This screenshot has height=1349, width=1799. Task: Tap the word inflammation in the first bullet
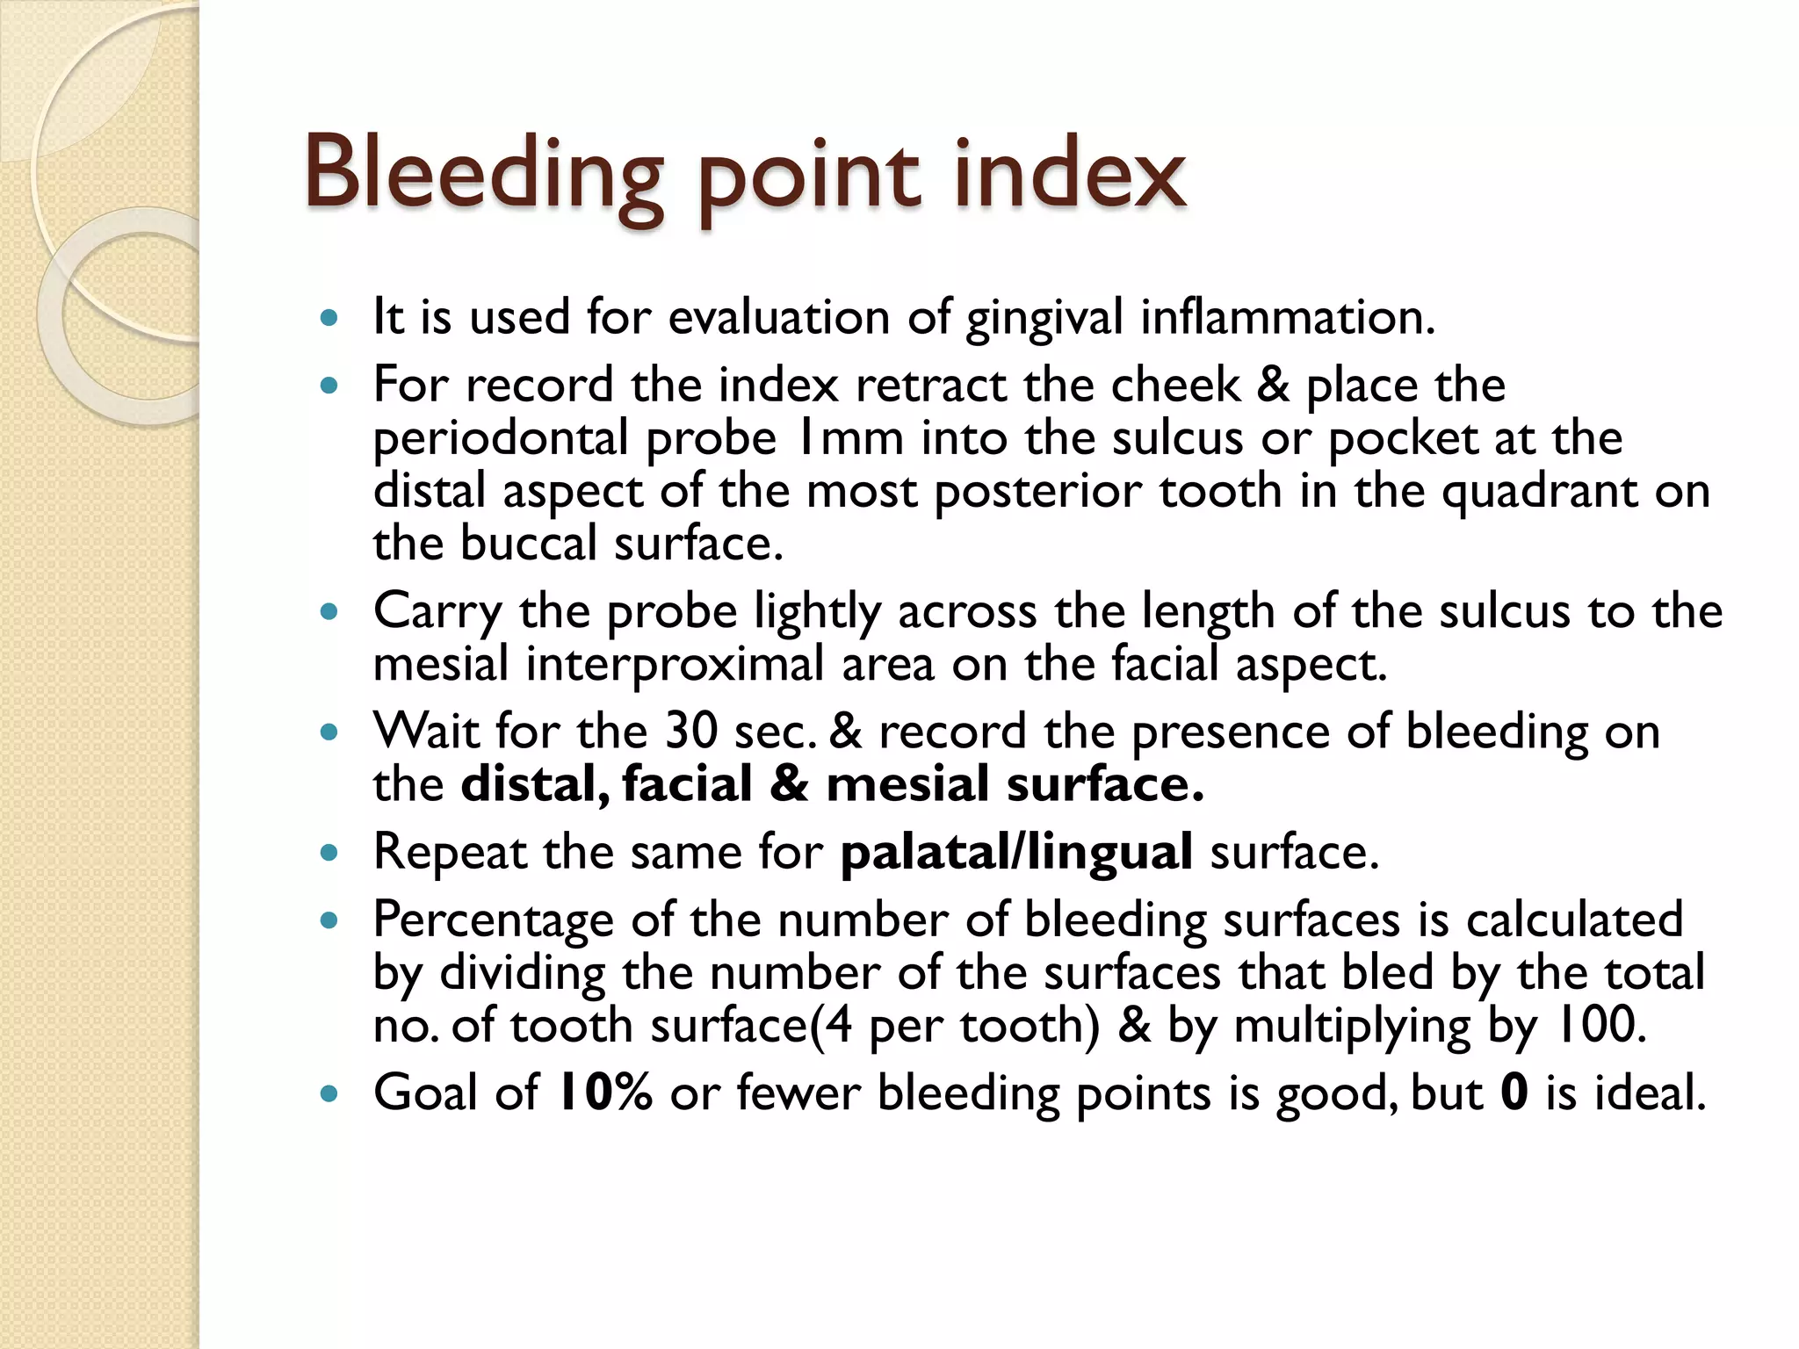1287,317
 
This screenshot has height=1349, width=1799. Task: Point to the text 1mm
849,438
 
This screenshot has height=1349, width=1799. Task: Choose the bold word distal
535,784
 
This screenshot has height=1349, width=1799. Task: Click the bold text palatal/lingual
1016,853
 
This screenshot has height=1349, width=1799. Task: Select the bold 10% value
605,1093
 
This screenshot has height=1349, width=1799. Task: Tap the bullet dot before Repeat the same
329,852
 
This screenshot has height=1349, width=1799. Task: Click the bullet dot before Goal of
329,1094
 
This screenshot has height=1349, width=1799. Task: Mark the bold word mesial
907,784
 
